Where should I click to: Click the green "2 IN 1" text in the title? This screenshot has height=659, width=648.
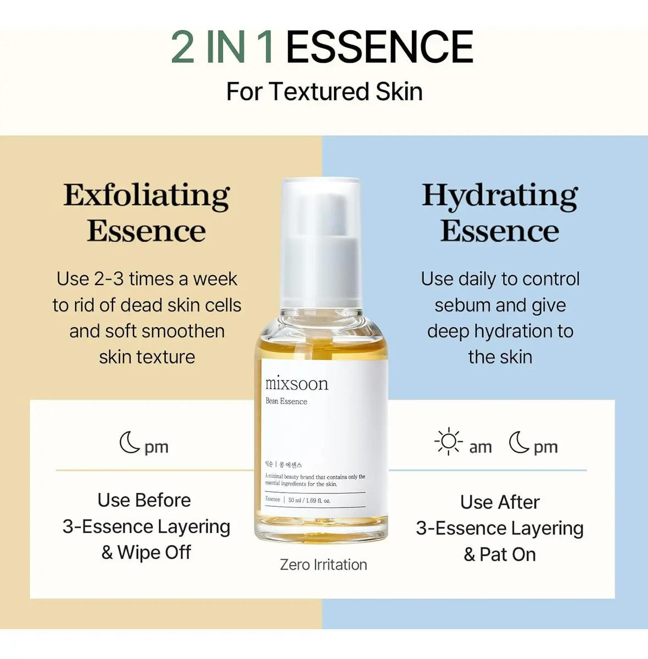pyautogui.click(x=222, y=47)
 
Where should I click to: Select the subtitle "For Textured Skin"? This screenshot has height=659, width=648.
pyautogui.click(x=325, y=92)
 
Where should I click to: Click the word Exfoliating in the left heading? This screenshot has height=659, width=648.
pyautogui.click(x=147, y=196)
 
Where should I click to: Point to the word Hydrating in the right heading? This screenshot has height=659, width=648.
pyautogui.click(x=500, y=196)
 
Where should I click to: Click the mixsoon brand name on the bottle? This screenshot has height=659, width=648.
pyautogui.click(x=297, y=384)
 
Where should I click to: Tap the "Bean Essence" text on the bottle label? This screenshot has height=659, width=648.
pyautogui.click(x=286, y=401)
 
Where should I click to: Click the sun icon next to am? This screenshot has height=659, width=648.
pyautogui.click(x=449, y=442)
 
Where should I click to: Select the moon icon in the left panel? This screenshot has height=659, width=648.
pyautogui.click(x=130, y=442)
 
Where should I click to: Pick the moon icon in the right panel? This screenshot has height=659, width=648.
pyautogui.click(x=518, y=442)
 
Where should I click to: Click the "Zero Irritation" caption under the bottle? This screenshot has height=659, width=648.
pyautogui.click(x=323, y=565)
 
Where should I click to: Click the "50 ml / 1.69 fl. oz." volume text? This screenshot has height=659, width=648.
pyautogui.click(x=309, y=500)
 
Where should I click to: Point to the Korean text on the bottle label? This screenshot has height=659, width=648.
pyautogui.click(x=283, y=465)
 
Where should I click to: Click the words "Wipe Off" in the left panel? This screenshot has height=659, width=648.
pyautogui.click(x=154, y=552)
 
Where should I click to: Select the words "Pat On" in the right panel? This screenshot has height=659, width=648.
pyautogui.click(x=508, y=554)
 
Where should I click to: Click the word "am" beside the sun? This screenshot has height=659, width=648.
pyautogui.click(x=481, y=448)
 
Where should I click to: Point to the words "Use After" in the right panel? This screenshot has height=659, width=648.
pyautogui.click(x=500, y=502)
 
